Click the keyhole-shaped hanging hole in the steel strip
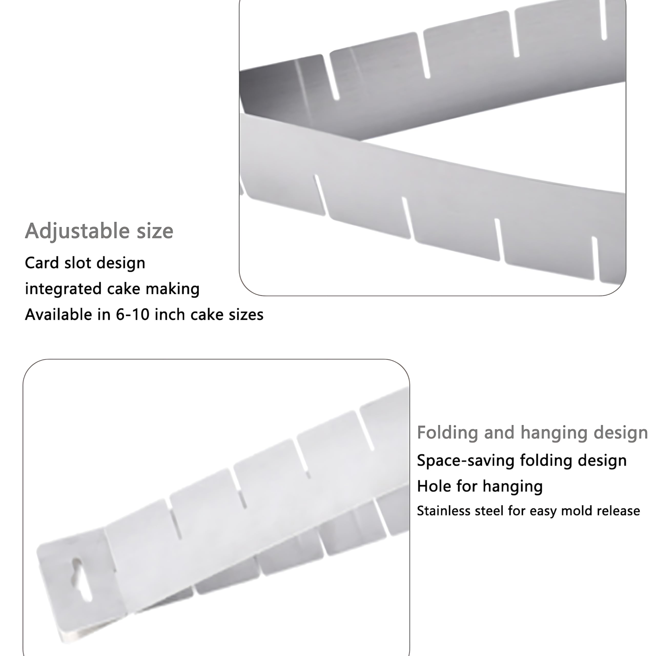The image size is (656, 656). pyautogui.click(x=82, y=579)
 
